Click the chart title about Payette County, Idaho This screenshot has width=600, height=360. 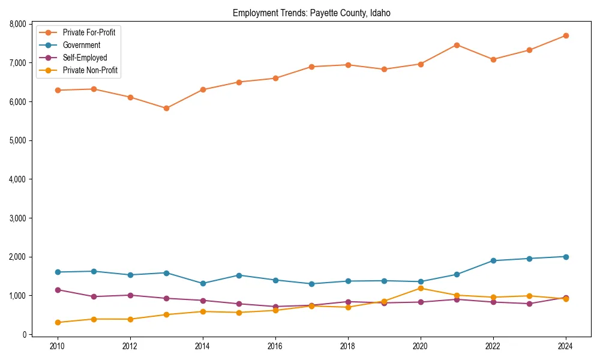point(311,13)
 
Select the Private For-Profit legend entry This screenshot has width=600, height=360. point(89,32)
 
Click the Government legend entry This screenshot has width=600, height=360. point(82,45)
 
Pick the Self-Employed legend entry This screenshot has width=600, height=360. point(85,58)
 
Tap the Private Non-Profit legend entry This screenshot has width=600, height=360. point(90,70)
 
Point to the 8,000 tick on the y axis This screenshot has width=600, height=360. point(16,24)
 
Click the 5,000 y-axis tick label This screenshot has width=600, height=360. point(16,140)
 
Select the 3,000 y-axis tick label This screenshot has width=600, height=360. point(16,218)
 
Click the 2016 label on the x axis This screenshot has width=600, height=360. point(275,346)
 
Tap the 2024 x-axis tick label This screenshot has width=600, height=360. point(565,346)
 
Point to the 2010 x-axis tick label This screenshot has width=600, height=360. point(58,346)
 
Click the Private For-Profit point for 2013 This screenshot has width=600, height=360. point(166,109)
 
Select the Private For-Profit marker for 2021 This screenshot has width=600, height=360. point(457,45)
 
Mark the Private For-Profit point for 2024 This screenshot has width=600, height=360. point(565,36)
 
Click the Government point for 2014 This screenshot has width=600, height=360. point(203,283)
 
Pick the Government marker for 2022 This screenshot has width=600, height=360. point(493,260)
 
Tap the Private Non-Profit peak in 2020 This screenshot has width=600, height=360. point(420,289)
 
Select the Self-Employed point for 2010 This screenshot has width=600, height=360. point(58,290)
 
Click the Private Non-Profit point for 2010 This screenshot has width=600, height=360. point(58,322)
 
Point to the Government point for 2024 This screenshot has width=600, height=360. point(565,257)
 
